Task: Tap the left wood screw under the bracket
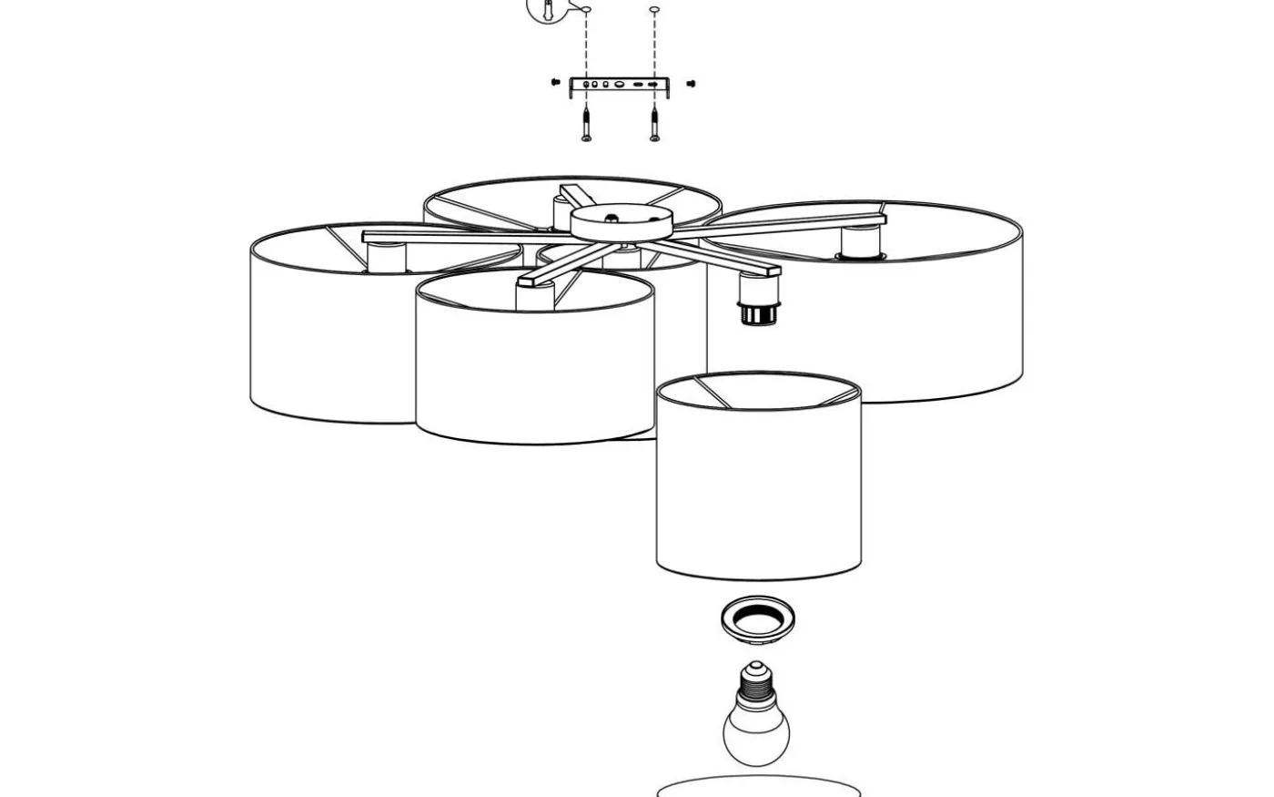point(587,124)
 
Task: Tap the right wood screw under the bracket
point(654,124)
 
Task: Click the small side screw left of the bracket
point(555,84)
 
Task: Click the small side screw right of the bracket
point(691,84)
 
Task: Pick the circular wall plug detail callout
point(547,8)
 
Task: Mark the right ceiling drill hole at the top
point(654,10)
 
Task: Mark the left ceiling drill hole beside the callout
point(587,10)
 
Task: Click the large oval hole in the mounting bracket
point(619,85)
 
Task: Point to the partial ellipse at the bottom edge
point(758,789)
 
